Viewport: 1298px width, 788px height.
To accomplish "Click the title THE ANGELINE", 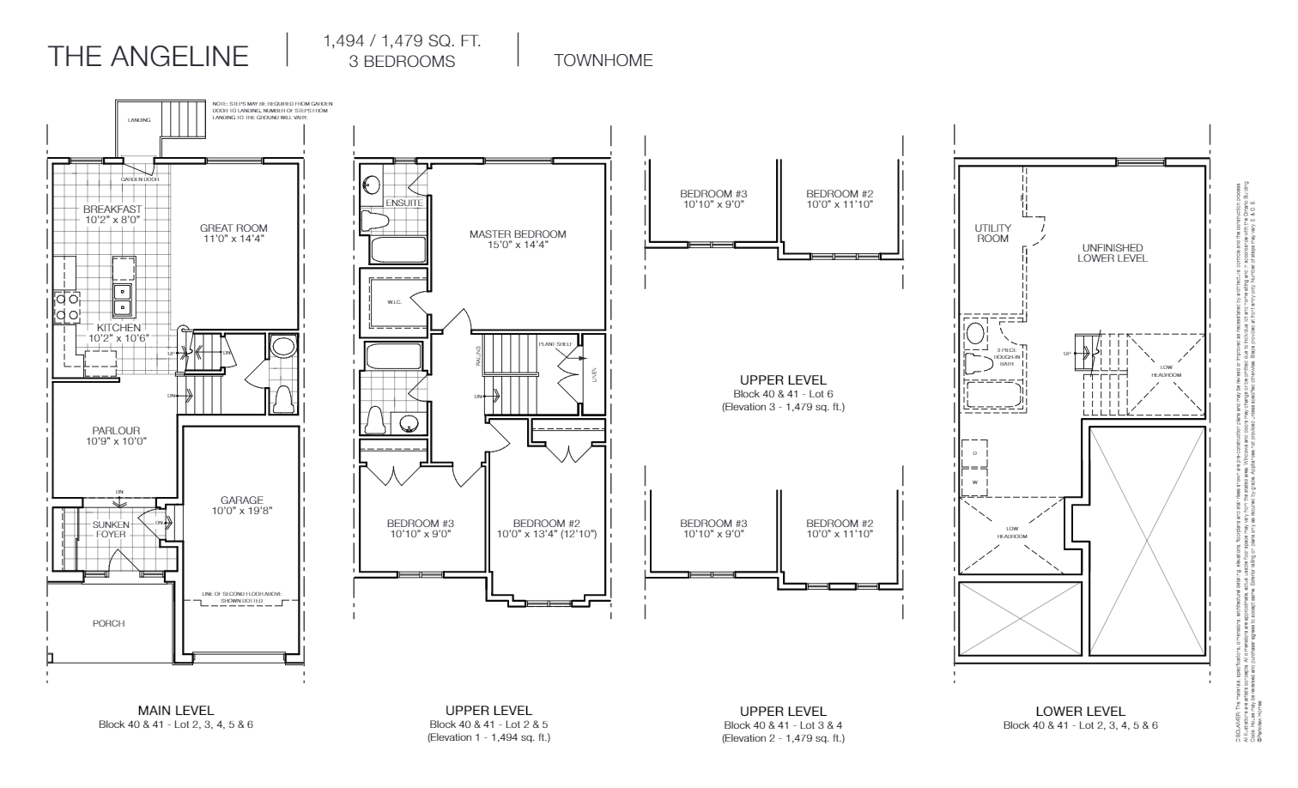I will click(149, 57).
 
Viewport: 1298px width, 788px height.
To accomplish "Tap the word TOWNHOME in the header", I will click(603, 61).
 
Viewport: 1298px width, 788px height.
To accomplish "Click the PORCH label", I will click(108, 623).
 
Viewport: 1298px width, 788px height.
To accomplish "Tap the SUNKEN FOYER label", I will click(111, 529).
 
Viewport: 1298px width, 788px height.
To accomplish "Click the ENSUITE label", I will click(403, 203).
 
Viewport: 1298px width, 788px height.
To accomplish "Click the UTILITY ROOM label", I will click(992, 233).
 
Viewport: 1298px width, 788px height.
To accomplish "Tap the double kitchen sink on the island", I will click(123, 299).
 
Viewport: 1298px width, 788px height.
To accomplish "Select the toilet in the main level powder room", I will click(282, 400).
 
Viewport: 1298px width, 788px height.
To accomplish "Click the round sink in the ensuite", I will click(372, 185).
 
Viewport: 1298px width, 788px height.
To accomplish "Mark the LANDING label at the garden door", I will click(139, 120).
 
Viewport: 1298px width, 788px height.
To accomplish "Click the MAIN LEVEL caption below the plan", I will click(176, 711).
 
